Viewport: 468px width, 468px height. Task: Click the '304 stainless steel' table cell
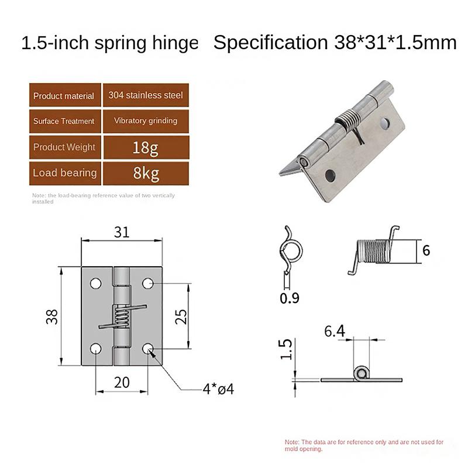tap(146, 95)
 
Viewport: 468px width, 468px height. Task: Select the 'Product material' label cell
tap(64, 95)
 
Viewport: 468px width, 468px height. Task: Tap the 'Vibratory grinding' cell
tap(146, 121)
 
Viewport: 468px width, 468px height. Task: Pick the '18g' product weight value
tap(146, 147)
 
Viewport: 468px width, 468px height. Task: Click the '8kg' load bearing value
tap(146, 173)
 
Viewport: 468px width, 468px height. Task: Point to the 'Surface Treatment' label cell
tap(64, 121)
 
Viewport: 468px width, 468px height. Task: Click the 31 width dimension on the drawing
tap(121, 232)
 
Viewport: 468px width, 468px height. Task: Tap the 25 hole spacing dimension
tap(181, 316)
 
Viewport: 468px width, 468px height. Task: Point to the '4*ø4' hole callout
tap(218, 388)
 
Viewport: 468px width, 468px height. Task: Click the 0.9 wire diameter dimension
tap(290, 298)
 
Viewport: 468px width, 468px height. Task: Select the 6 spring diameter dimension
tap(425, 250)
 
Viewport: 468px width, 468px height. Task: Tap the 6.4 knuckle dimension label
tap(335, 332)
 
